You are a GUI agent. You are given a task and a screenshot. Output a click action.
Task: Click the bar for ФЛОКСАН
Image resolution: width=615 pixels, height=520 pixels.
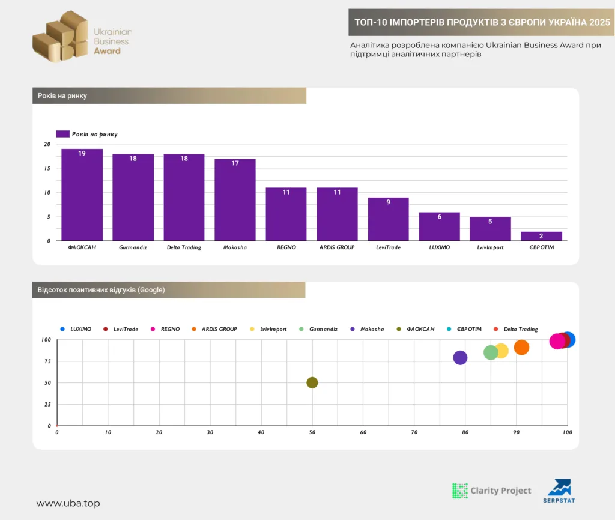(82, 195)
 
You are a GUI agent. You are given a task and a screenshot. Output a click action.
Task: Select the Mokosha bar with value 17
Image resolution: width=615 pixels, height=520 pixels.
(235, 199)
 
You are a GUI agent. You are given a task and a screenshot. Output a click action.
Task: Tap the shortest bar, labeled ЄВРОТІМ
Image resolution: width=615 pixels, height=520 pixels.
(541, 236)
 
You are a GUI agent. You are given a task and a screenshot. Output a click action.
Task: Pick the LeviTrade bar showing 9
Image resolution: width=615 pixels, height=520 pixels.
(389, 219)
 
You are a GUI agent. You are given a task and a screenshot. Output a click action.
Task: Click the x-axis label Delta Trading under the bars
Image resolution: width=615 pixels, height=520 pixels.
(184, 247)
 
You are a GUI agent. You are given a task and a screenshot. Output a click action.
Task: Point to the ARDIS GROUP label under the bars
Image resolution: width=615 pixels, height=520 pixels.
(337, 247)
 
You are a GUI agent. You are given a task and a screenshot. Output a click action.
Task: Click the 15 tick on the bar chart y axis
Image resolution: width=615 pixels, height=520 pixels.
(47, 168)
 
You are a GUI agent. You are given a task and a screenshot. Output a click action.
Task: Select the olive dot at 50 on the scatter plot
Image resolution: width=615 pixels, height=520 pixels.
(312, 382)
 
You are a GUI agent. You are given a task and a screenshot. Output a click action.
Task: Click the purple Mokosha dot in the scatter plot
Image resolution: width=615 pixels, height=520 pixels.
(460, 358)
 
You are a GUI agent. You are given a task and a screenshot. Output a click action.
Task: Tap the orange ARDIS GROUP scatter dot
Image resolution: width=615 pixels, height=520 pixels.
(521, 348)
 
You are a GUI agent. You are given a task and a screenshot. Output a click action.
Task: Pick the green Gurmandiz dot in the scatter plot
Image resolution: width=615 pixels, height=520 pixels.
(491, 352)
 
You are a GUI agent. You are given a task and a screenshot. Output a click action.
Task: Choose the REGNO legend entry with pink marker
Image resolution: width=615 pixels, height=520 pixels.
(165, 329)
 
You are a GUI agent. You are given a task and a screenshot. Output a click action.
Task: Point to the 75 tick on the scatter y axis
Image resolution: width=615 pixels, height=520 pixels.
(47, 361)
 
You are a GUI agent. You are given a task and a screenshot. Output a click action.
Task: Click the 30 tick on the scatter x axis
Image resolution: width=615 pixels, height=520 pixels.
(210, 432)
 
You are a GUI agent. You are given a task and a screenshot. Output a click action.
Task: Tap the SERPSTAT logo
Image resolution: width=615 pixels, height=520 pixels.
(559, 491)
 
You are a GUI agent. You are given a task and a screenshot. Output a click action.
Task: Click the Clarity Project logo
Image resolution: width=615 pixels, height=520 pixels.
(491, 491)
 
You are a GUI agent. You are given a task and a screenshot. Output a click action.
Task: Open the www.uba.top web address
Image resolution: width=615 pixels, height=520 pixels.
(68, 503)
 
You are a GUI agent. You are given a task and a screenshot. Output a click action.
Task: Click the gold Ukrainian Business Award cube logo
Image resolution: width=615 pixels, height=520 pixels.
(61, 37)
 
